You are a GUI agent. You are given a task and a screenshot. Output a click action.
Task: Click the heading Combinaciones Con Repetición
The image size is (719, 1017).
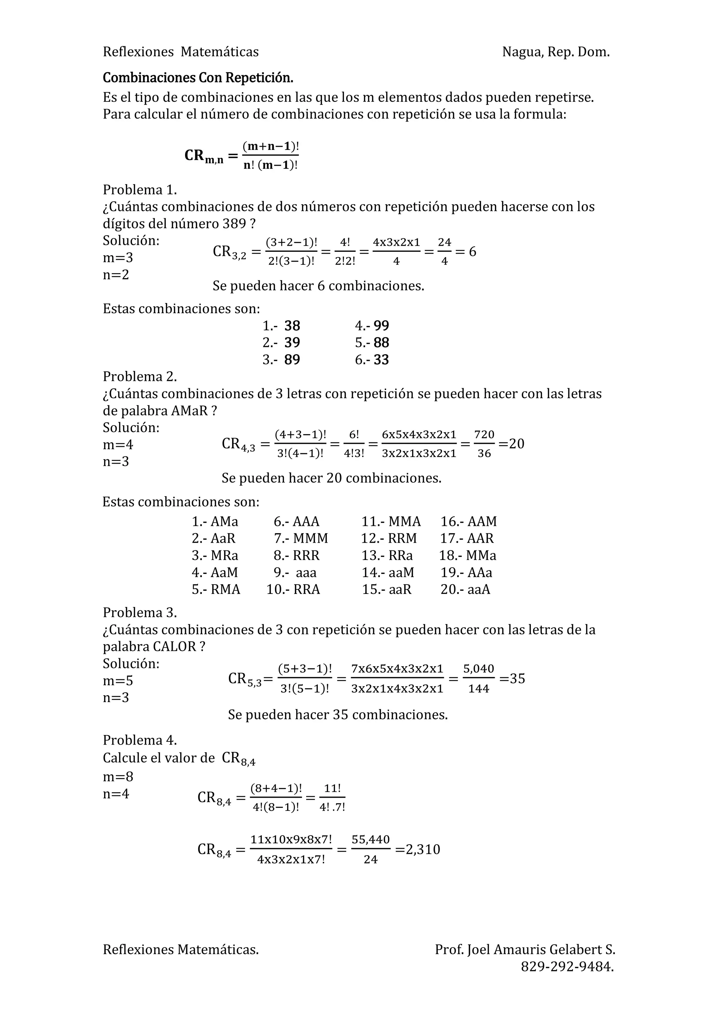198,78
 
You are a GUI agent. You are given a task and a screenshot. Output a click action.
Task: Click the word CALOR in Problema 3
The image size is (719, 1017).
174,647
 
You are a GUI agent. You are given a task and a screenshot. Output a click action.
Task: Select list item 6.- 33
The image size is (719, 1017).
372,360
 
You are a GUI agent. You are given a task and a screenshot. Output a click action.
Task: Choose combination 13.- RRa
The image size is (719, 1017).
387,555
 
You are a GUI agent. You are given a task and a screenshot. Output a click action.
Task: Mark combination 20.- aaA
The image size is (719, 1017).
465,589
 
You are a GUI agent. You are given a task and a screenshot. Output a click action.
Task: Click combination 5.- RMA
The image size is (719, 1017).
216,589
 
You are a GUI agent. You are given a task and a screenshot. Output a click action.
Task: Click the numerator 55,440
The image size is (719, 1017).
370,840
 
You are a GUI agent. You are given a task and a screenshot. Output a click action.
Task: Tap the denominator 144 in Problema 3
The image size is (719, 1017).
479,689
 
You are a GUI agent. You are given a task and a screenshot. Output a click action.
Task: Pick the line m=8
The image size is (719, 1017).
118,777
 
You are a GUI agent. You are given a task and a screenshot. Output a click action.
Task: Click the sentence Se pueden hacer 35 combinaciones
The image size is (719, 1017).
338,714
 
